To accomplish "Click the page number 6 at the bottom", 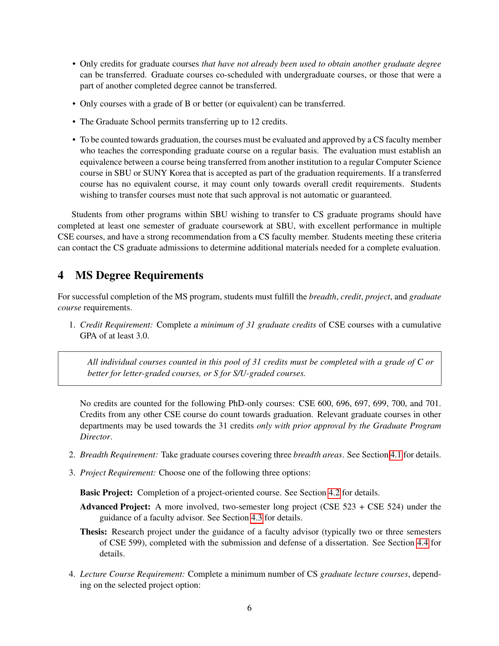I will pos(249,608).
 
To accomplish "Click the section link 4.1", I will pos(396,455).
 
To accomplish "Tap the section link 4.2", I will pos(334,493).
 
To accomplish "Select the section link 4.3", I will pos(256,518).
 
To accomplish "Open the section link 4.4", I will pos(422,543).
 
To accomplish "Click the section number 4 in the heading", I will pos(61,275).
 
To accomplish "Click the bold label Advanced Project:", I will pos(115,507).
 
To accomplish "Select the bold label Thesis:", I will pos(94,532).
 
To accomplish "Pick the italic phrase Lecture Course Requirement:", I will pos(132,574).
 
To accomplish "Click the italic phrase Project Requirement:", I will pos(118,473).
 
